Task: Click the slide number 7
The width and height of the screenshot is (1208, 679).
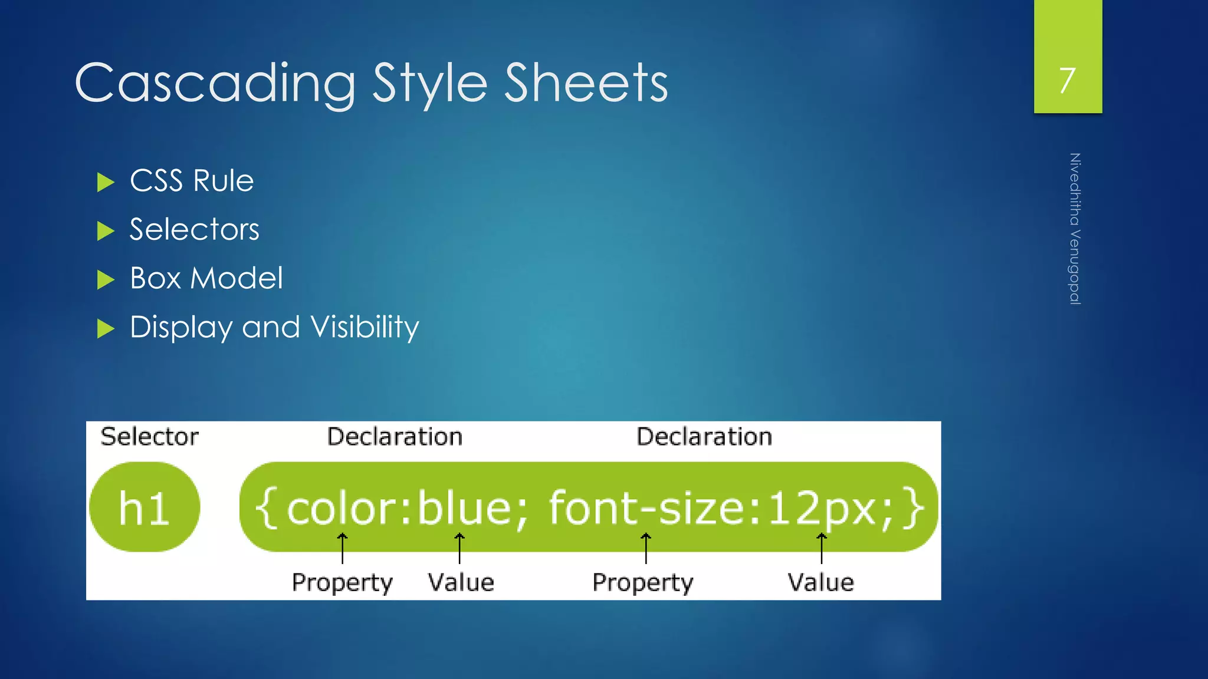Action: click(x=1067, y=80)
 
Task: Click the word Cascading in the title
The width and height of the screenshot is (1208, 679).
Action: click(x=215, y=83)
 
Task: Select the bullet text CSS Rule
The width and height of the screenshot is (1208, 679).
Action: click(x=192, y=181)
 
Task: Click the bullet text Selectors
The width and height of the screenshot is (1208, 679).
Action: click(x=194, y=229)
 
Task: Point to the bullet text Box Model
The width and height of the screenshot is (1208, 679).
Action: click(x=206, y=278)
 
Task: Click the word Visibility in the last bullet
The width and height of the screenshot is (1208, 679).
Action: click(x=365, y=328)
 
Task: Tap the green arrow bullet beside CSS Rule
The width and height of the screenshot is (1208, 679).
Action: click(x=105, y=182)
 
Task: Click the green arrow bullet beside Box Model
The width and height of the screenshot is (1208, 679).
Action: click(x=105, y=279)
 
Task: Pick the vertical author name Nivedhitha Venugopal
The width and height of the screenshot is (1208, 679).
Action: click(x=1075, y=229)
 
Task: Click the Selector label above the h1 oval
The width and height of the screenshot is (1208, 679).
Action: click(x=149, y=437)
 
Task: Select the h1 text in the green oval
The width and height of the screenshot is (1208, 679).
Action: click(x=144, y=508)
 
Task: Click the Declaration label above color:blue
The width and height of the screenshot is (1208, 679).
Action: click(x=395, y=437)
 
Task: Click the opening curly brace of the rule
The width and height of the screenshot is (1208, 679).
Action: click(x=266, y=508)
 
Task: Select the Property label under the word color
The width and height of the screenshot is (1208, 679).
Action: click(x=342, y=582)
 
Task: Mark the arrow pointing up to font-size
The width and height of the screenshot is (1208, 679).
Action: click(x=646, y=548)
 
